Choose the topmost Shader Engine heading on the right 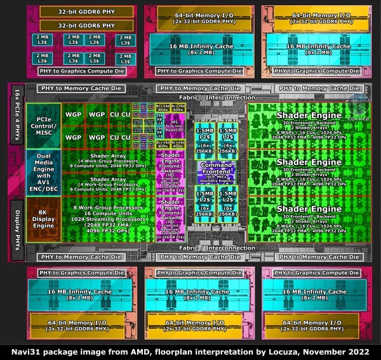click(300, 115)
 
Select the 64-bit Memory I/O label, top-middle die click(202, 16)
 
